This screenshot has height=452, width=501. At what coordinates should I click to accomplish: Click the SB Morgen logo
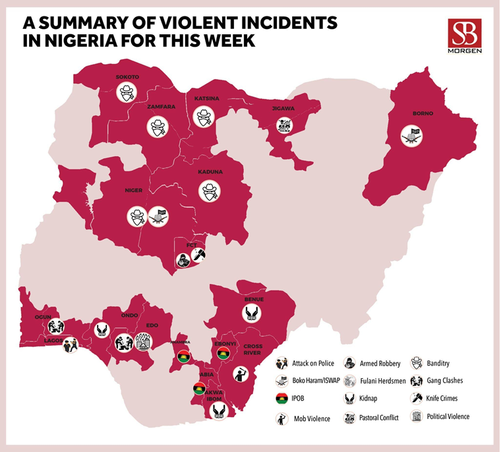coord(465,36)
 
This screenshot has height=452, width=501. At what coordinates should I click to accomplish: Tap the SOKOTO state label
coord(127,77)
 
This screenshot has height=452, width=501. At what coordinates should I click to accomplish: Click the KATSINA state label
coord(206,99)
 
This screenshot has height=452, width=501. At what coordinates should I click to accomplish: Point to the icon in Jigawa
coord(284,125)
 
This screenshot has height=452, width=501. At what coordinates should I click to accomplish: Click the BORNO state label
coord(423,113)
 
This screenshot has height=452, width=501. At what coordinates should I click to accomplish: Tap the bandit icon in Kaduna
coord(210,192)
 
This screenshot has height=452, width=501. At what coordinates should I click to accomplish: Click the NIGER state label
coord(134,191)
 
